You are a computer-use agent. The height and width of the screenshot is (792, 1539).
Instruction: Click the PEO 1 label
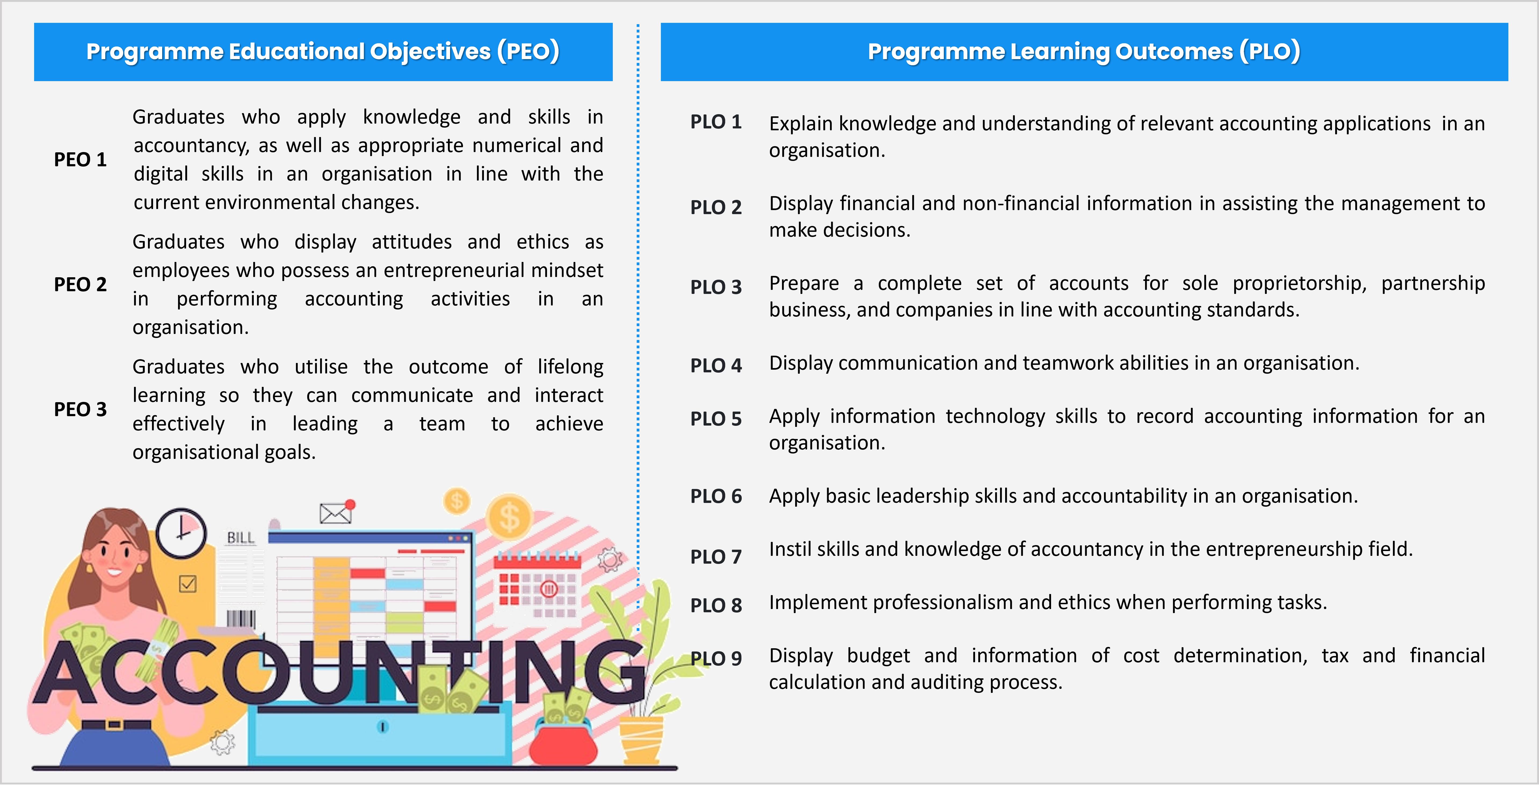click(x=80, y=160)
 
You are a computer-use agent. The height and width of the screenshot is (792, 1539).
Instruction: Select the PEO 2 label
click(x=80, y=285)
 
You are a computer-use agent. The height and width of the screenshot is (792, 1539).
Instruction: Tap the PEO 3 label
click(x=80, y=409)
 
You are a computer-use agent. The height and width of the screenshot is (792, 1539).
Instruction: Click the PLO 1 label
click(x=716, y=122)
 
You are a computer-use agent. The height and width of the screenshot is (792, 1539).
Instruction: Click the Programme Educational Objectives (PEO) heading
click(x=323, y=51)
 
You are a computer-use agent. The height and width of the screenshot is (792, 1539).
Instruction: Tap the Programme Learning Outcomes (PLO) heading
click(x=1084, y=51)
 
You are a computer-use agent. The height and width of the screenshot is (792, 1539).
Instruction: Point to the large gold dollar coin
click(x=509, y=517)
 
